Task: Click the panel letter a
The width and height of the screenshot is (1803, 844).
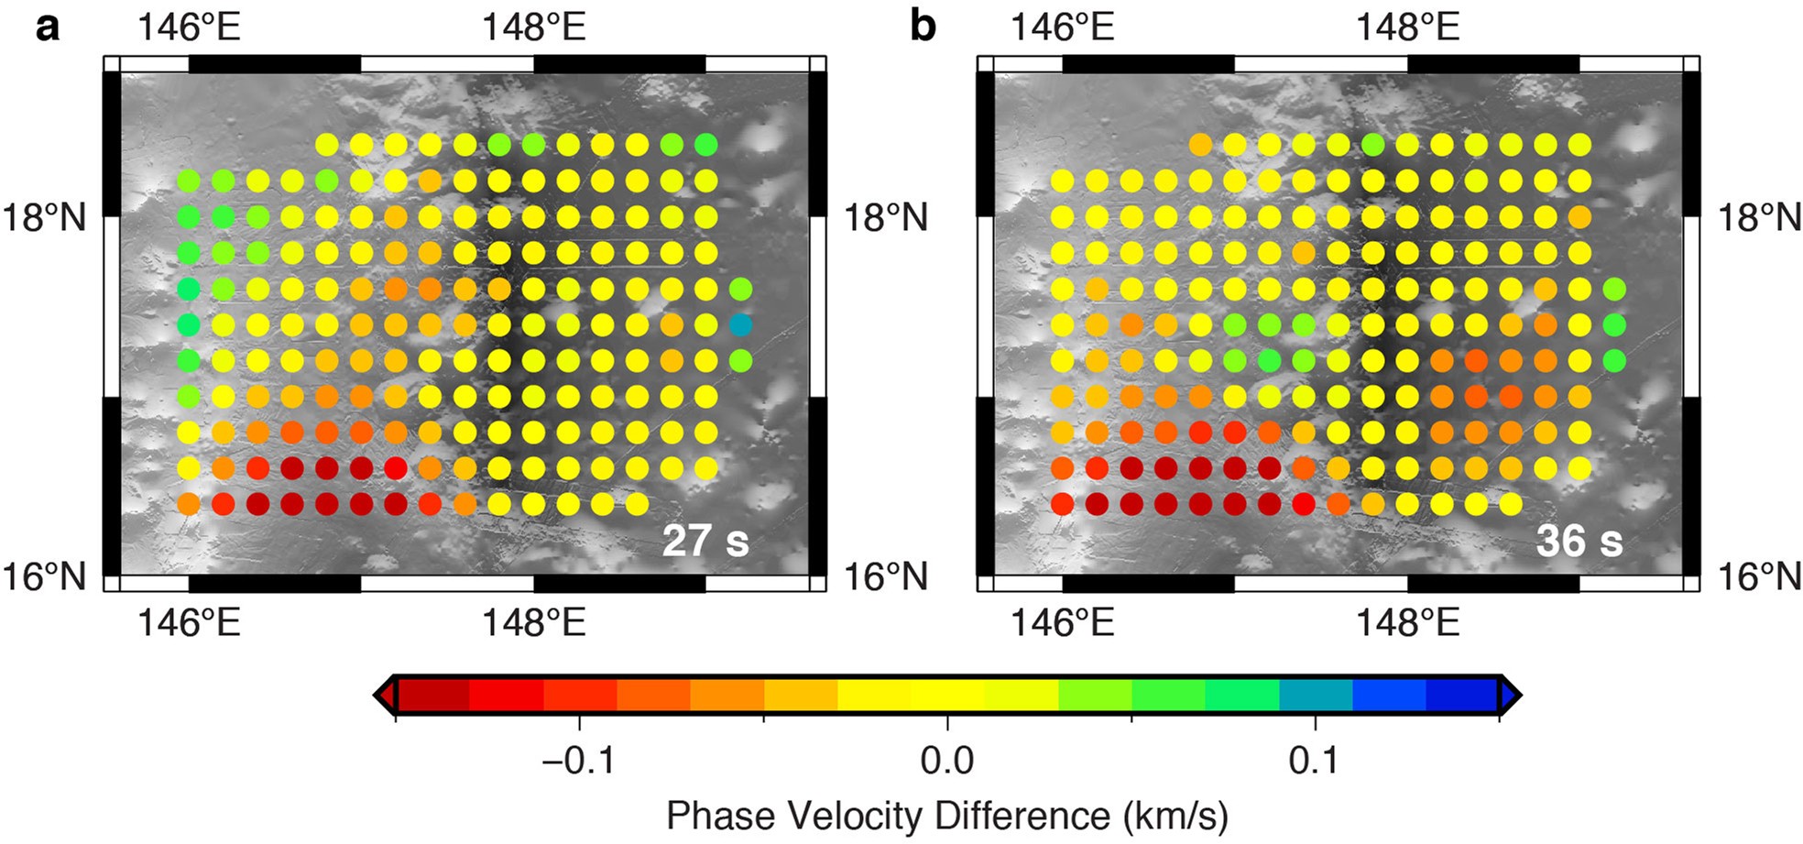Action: coord(47,27)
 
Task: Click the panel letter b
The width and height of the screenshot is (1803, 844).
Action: coord(923,27)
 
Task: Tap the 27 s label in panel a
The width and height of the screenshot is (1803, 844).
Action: coord(705,541)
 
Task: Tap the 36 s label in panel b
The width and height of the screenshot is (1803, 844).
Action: coord(1579,541)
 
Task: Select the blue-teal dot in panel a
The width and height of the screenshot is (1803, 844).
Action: coord(740,324)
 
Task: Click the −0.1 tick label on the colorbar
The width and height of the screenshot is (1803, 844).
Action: coord(578,760)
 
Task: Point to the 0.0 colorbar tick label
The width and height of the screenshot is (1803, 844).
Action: coord(947,760)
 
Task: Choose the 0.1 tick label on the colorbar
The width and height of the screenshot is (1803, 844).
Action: coord(1315,760)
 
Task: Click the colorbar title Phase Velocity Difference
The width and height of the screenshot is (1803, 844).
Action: coord(947,815)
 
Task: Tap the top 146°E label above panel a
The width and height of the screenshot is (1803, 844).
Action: coord(189,27)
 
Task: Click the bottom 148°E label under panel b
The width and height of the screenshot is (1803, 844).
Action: coord(1407,623)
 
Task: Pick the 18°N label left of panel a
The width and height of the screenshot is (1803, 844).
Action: coord(43,218)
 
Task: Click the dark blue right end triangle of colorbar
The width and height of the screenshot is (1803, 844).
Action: coord(1511,696)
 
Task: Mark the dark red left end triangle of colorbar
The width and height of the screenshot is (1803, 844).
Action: coord(386,696)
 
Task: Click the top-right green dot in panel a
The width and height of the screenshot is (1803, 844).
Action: coord(705,144)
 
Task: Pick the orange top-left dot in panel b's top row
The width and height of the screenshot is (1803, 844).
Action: coord(1200,144)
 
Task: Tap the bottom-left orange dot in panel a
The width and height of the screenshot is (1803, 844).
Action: coord(188,503)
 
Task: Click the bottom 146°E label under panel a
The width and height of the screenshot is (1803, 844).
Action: coord(189,623)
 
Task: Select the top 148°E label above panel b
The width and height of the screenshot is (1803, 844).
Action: coord(1407,27)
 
